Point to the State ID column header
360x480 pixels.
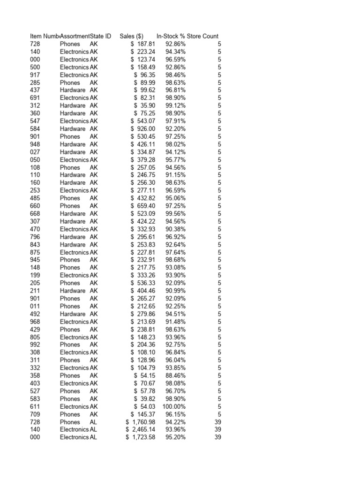(101, 36)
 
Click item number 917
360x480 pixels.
(35, 75)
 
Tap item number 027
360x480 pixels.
(35, 152)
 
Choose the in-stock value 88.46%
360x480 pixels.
(175, 375)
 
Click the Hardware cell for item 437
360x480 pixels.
(73, 90)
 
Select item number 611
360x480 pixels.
(35, 406)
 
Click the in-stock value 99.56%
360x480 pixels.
(175, 213)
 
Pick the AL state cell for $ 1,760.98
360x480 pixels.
(94, 422)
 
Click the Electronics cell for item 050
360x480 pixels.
(74, 159)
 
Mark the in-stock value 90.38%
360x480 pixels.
(175, 229)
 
